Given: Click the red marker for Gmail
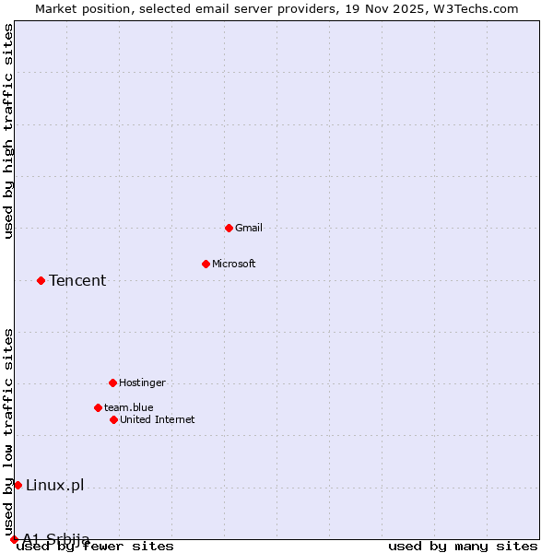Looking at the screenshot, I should [x=229, y=228].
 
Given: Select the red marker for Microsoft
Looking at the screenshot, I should [x=206, y=264].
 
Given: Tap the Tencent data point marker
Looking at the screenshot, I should [x=41, y=280].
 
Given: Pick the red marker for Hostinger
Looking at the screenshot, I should [x=112, y=382].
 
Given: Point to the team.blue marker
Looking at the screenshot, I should [x=98, y=407].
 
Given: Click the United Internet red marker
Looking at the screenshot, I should [x=113, y=419].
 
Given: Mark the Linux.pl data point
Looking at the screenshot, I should [x=18, y=485].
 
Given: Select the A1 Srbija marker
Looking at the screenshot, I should [x=14, y=539].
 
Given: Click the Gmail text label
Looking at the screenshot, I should [x=249, y=228].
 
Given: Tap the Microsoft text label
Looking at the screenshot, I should [x=234, y=264].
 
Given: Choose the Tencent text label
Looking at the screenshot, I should [x=77, y=280].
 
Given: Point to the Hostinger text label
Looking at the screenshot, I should [x=143, y=382].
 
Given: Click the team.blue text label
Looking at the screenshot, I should [x=129, y=407].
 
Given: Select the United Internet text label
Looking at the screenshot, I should [x=158, y=419].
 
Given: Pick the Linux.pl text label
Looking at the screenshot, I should [x=54, y=485].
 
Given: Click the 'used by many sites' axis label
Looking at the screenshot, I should [x=463, y=547].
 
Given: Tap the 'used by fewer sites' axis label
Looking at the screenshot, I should [x=96, y=547].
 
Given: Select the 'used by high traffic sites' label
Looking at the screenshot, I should [x=9, y=131].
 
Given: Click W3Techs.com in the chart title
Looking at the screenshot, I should [x=477, y=8].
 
